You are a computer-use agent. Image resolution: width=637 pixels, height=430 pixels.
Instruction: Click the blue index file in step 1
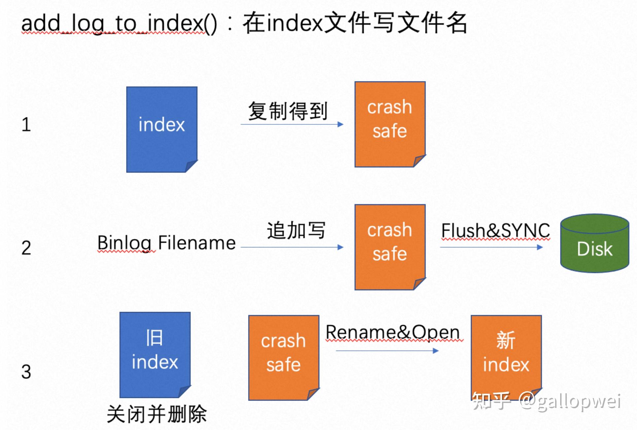(x=162, y=129)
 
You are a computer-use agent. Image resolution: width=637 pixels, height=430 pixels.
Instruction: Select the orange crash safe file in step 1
(x=390, y=124)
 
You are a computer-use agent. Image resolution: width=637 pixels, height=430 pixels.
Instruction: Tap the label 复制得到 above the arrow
(x=287, y=111)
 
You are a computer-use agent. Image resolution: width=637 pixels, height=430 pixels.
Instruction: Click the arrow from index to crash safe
(x=292, y=124)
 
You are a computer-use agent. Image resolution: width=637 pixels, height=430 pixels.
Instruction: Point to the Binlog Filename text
(x=166, y=243)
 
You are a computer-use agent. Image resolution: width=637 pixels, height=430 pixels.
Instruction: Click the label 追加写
(x=296, y=230)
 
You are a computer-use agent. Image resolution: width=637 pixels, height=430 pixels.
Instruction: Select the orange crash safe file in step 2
(x=390, y=247)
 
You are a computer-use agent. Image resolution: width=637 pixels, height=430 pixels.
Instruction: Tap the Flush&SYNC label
(x=495, y=230)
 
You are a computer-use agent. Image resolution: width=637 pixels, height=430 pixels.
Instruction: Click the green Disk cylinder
(x=595, y=244)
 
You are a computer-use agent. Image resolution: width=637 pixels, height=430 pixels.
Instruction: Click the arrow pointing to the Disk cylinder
(x=491, y=247)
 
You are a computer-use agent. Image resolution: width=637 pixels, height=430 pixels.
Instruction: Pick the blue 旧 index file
(x=155, y=354)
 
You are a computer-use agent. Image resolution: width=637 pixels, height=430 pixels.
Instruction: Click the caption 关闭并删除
(x=156, y=414)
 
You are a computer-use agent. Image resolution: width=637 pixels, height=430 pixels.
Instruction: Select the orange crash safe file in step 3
(x=284, y=357)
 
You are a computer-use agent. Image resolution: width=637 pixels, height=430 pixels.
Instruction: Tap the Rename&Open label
(x=393, y=332)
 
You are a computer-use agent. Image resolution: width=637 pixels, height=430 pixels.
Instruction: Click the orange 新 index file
(x=506, y=353)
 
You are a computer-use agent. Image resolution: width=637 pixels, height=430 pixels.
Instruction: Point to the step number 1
(x=26, y=125)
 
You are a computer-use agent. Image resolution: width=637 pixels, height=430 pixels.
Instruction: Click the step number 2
(x=26, y=248)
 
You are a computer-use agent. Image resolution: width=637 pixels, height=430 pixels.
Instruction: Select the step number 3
(x=26, y=372)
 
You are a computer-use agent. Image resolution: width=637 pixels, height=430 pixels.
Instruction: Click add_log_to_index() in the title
(x=119, y=24)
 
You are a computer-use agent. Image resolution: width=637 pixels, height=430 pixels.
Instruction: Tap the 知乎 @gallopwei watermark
(x=546, y=401)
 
